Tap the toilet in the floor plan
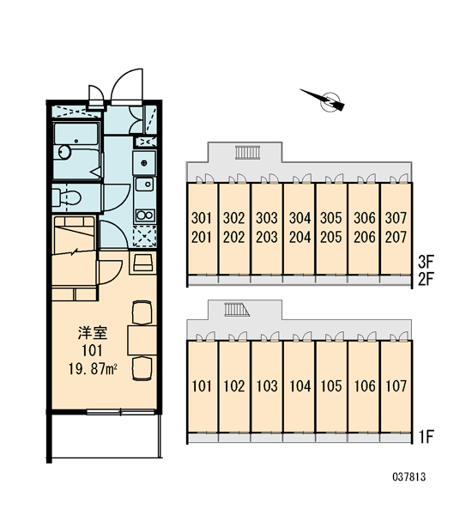[66, 197]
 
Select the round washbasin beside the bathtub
[64, 152]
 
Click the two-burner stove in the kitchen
[145, 215]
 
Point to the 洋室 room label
[93, 333]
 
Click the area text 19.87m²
[93, 369]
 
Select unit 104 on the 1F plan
[300, 386]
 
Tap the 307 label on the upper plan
[396, 218]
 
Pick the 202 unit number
[234, 238]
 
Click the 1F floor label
[426, 437]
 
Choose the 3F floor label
[426, 262]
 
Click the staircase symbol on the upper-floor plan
[247, 153]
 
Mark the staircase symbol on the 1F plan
[237, 310]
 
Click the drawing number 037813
[409, 476]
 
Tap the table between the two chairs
[142, 340]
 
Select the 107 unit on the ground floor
[396, 386]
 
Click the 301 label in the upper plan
[202, 218]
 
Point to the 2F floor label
[426, 280]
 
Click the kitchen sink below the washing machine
[144, 185]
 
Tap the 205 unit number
[331, 238]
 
